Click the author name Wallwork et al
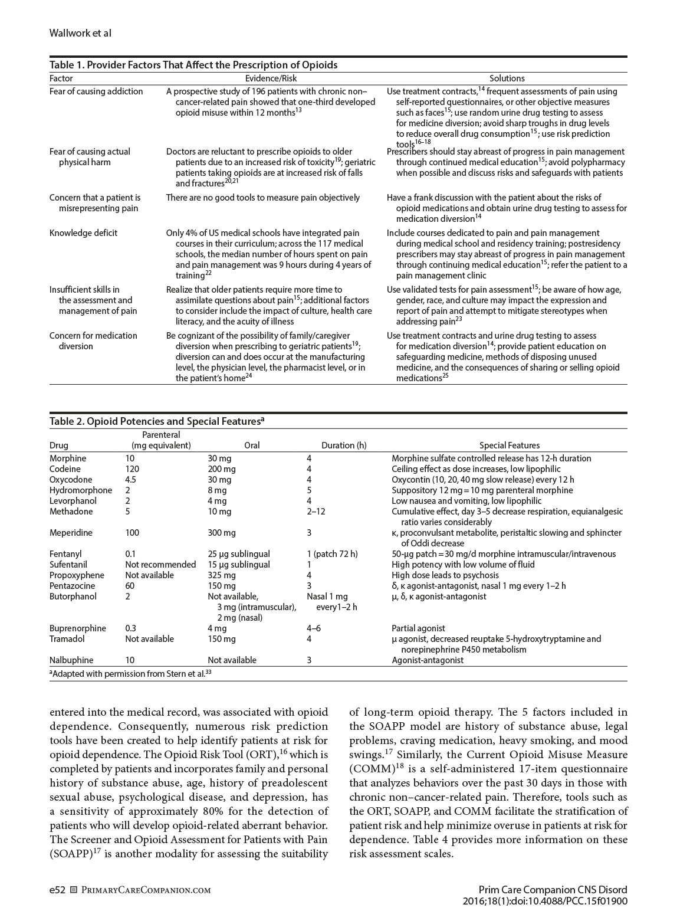[x=80, y=34]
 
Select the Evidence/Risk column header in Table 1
[x=271, y=78]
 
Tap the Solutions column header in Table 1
[x=507, y=78]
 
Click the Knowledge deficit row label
[x=83, y=233]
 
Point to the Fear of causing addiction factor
[x=96, y=91]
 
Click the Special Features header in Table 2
[x=509, y=445]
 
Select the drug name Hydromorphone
[x=81, y=490]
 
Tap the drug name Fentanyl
[x=65, y=554]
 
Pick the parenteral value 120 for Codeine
[x=132, y=469]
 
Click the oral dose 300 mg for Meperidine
[x=221, y=533]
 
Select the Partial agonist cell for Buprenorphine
[x=418, y=628]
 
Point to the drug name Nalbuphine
[x=71, y=660]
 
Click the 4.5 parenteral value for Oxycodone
[x=130, y=480]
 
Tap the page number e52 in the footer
[x=57, y=890]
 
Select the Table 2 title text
[x=156, y=421]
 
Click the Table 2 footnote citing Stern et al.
[x=130, y=673]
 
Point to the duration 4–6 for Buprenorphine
[x=314, y=628]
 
